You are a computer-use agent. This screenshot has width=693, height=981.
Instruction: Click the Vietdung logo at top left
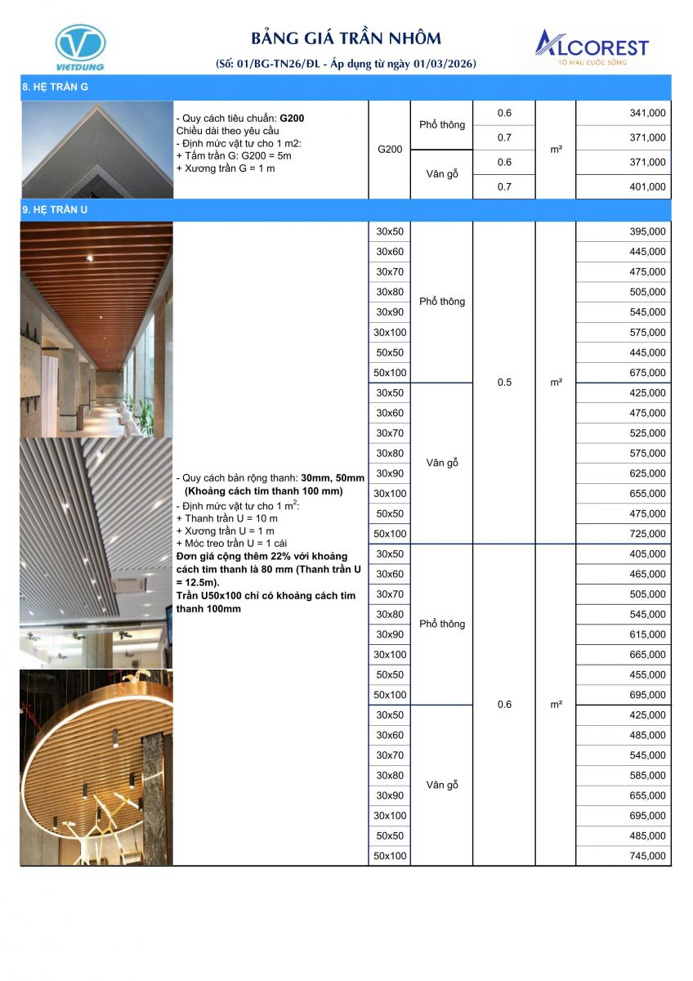pos(79,47)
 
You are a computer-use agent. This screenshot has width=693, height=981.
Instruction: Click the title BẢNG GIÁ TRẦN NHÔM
pos(346,38)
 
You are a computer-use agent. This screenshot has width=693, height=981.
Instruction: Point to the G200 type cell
pos(390,150)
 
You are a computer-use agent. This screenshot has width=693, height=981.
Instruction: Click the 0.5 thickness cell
pos(504,382)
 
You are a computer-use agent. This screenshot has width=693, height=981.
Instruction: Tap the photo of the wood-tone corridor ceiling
pos(96,329)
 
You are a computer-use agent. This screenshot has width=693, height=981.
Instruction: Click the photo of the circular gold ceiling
pos(96,767)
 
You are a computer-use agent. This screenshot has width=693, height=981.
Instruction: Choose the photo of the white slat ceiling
pos(96,553)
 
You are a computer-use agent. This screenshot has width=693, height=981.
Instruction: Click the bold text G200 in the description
pos(292,119)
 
